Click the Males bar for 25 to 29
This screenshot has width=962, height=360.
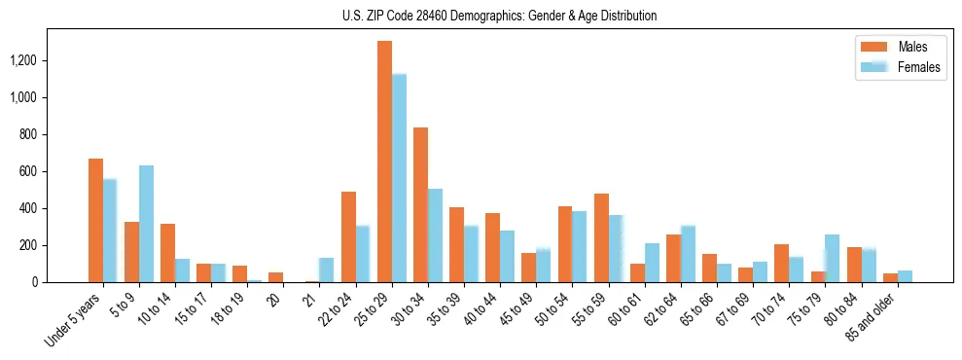pos(384,162)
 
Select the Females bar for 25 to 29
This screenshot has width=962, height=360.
pos(399,178)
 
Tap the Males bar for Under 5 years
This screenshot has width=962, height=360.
pos(95,220)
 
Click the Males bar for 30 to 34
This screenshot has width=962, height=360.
pos(420,204)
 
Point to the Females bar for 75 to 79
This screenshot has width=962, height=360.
pos(832,258)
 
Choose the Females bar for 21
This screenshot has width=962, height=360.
pos(327,270)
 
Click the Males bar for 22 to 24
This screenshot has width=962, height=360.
pos(348,236)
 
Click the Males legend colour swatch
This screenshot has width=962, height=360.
pos(872,47)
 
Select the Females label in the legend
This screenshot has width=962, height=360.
pos(919,67)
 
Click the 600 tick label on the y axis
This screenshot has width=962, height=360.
pos(27,171)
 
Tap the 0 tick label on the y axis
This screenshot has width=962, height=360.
pos(34,282)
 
